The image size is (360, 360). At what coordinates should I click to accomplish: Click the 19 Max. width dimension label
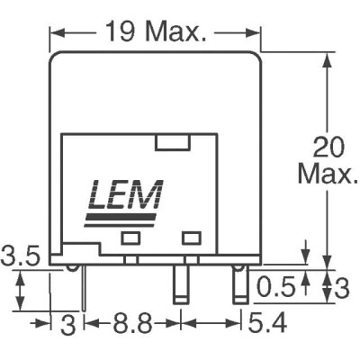click(x=154, y=34)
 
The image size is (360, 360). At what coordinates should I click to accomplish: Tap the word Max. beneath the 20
click(x=329, y=174)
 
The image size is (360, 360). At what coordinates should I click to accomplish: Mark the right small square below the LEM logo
click(x=189, y=238)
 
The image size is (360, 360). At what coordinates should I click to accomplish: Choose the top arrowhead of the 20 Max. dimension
click(x=326, y=56)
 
